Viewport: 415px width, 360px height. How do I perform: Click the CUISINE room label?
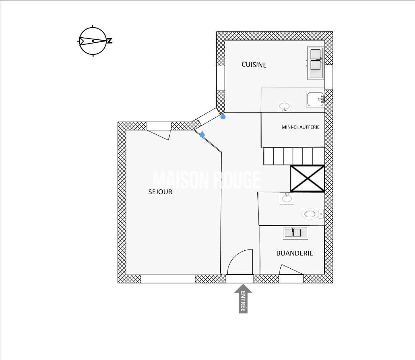(x=254, y=65)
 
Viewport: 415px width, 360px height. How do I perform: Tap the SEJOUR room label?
(x=160, y=192)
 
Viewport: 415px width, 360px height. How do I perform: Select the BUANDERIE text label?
(x=295, y=253)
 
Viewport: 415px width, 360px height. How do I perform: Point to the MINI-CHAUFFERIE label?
(x=300, y=127)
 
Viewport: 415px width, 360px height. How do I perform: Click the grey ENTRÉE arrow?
(x=243, y=299)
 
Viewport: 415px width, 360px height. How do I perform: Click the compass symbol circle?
(x=93, y=41)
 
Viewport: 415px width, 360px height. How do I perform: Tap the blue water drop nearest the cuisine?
(x=223, y=116)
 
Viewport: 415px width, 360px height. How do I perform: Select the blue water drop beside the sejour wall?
(x=202, y=134)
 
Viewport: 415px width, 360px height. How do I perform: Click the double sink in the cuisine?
(x=315, y=63)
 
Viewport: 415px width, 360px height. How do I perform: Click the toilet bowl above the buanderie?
(x=310, y=214)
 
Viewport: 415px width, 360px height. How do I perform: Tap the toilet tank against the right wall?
(x=321, y=214)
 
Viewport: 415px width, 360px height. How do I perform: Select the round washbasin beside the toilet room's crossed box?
(x=287, y=198)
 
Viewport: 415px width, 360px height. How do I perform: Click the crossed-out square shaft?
(x=307, y=178)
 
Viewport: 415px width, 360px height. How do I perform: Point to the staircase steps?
(x=294, y=156)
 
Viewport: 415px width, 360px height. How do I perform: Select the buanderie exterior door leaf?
(x=290, y=269)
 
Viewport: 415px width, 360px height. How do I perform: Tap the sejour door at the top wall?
(x=158, y=135)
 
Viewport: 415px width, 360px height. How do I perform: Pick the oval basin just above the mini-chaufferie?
(x=284, y=107)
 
